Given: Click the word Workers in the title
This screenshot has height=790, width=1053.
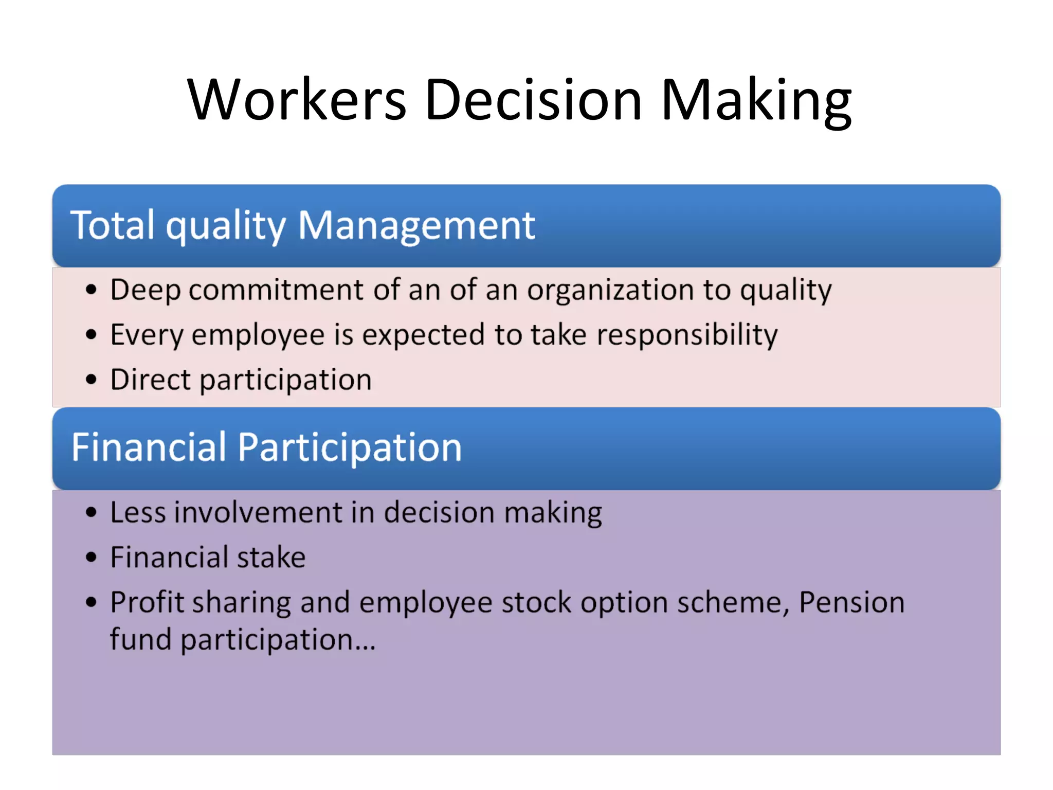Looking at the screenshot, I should tap(297, 100).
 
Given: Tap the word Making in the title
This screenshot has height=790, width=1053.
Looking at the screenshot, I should tap(756, 100).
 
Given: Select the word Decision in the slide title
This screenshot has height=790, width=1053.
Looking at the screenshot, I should tap(534, 100).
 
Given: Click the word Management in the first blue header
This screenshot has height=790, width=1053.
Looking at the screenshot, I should tap(416, 226).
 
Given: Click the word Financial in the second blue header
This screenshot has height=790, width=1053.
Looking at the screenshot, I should tap(149, 447).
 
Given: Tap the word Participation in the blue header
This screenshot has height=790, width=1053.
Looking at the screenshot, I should tap(350, 448).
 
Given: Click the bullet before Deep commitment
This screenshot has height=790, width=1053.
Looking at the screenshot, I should tap(91, 290).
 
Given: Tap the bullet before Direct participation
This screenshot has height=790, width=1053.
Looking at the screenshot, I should tap(91, 380).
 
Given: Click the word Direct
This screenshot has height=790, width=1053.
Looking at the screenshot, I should tap(151, 380).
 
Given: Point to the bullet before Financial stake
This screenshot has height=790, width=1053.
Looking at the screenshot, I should tap(91, 557).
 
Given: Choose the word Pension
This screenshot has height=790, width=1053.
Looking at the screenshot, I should tap(851, 602).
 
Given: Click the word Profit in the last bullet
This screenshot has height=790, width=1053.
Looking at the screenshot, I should tap(147, 602).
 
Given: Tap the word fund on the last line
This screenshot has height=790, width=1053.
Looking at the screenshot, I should tap(140, 640).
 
